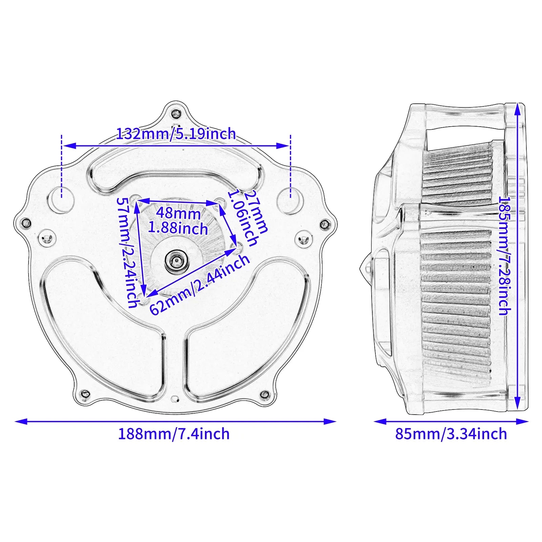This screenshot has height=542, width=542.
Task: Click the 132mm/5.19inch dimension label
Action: (x=176, y=134)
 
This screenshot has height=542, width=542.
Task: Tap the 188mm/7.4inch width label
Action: (x=173, y=434)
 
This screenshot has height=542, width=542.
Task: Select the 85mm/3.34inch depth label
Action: (x=451, y=434)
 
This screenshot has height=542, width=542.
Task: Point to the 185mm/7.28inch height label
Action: (x=504, y=256)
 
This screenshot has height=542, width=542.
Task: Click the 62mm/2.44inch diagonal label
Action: (x=199, y=285)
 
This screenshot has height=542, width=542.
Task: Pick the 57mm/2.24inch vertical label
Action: (x=128, y=252)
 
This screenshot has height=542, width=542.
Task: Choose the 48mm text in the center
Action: (x=178, y=213)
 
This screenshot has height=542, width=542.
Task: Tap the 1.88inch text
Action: (x=178, y=228)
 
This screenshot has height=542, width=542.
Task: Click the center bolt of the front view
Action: (x=176, y=260)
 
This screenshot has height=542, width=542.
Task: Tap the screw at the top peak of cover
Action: (x=176, y=114)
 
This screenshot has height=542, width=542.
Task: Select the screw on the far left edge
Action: (x=26, y=223)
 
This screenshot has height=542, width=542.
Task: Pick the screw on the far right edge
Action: (x=325, y=224)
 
